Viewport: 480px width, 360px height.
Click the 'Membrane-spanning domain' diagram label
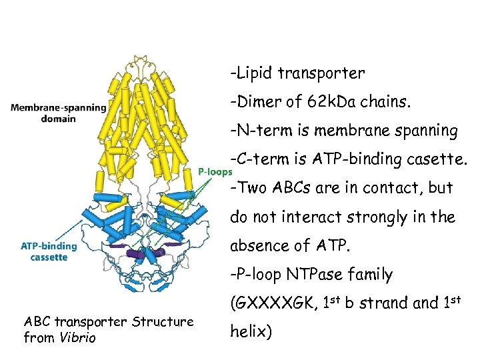(58, 113)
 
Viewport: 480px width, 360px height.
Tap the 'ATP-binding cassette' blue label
(49, 251)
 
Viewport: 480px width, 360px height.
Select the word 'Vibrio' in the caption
(78, 338)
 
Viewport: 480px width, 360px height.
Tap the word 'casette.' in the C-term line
(435, 159)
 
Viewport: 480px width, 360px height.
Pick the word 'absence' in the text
(262, 245)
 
